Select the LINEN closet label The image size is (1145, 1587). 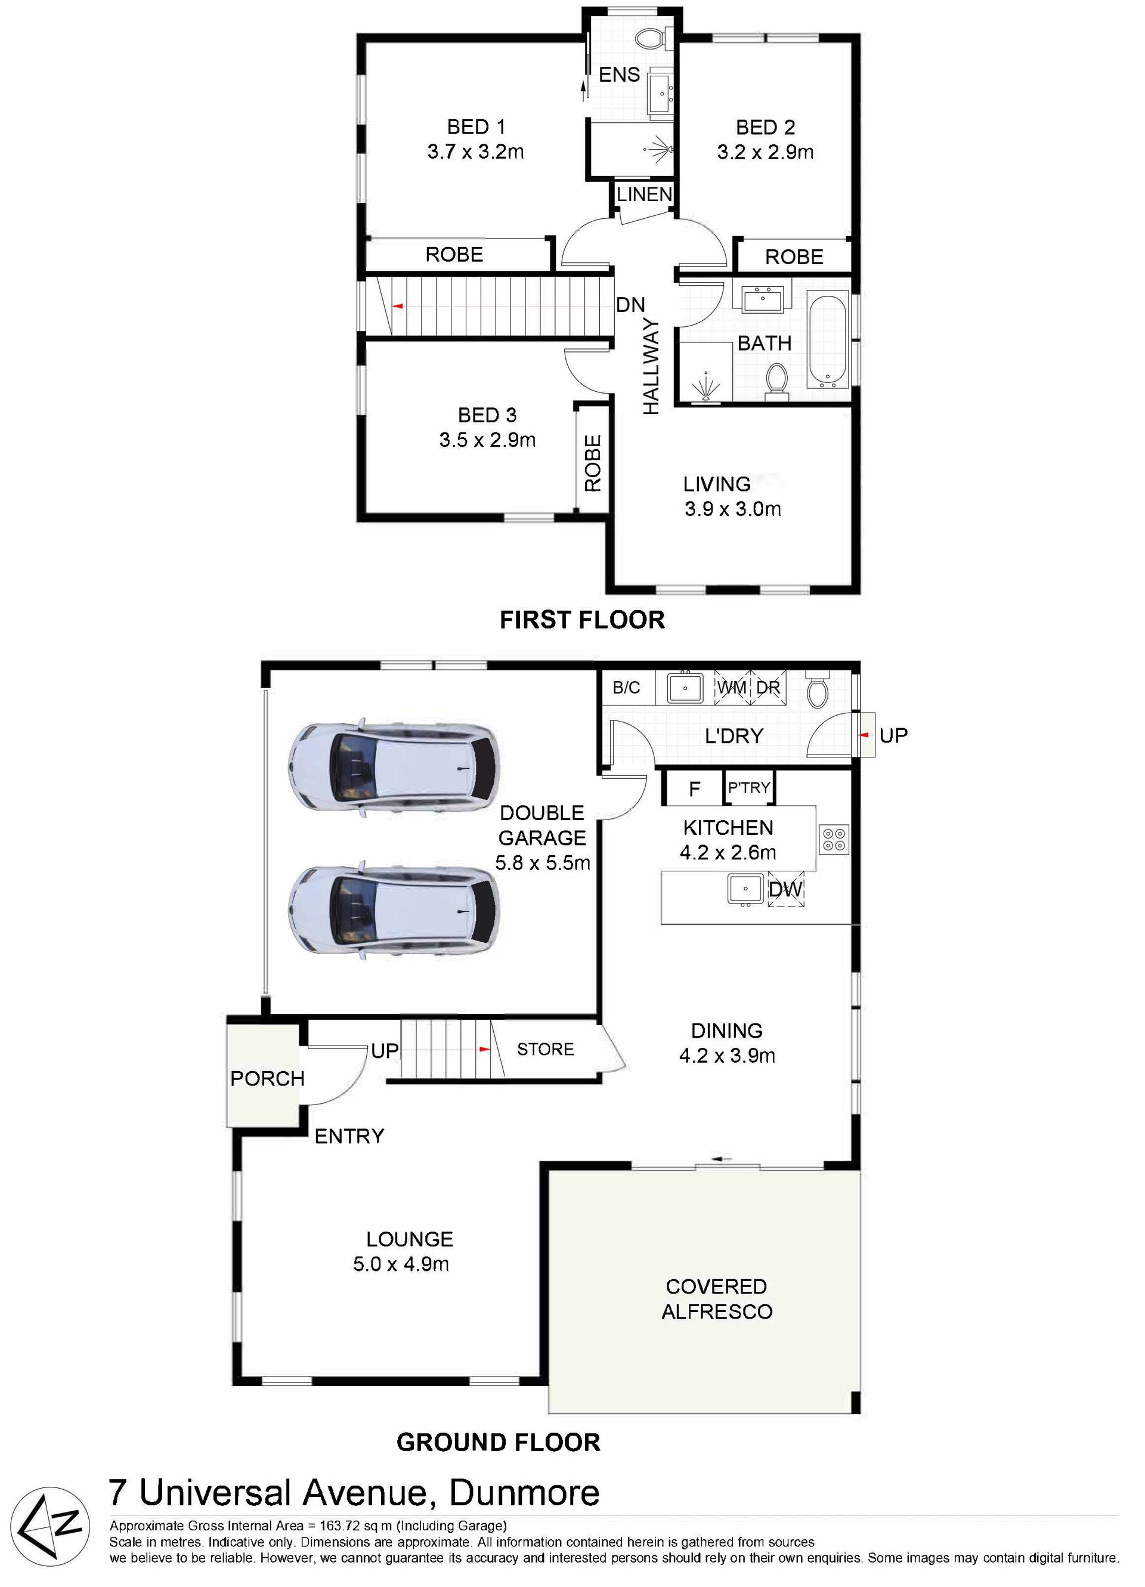tap(644, 194)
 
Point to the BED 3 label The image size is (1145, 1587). tap(487, 415)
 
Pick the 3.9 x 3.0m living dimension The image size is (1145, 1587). tap(733, 509)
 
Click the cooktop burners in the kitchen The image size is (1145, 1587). tap(834, 840)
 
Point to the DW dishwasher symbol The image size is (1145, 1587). tap(785, 889)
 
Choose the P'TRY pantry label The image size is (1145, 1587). tap(749, 787)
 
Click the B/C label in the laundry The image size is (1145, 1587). tap(626, 687)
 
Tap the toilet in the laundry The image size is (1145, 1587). tap(817, 689)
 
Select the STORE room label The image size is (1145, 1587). tap(545, 1049)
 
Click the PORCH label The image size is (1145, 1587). tap(267, 1078)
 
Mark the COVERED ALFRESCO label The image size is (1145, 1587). tap(717, 1299)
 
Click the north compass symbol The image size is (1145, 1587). tap(50, 1526)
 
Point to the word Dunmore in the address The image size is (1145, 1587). tap(524, 1493)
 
